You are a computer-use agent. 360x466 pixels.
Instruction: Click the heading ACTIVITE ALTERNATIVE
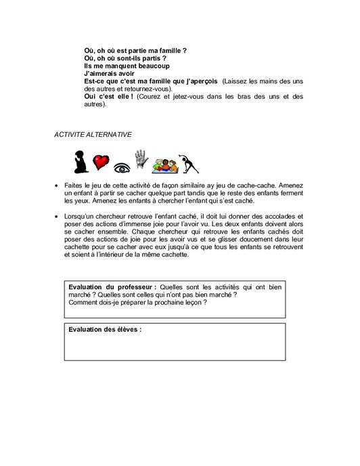coord(93,135)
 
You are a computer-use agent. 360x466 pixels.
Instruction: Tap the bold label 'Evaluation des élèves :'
coord(105,330)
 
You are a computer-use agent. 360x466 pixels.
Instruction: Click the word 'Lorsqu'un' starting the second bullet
coord(82,216)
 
